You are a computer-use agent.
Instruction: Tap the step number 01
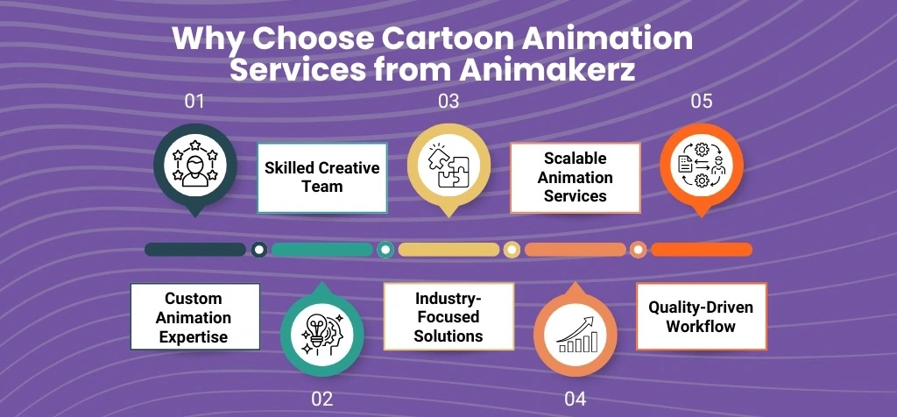coord(194,102)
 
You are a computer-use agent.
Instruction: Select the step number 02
coord(321,399)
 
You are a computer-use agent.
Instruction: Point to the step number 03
coord(448,102)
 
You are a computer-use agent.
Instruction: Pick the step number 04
coord(575,399)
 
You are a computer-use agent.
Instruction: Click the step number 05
coord(701,102)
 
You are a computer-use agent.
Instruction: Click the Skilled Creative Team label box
coord(322,177)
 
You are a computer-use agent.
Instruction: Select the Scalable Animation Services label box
coord(575,177)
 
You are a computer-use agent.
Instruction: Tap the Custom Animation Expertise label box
coord(195,317)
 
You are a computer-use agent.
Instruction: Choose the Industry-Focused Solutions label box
coord(448,317)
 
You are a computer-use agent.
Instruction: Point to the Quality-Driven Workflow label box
coord(701,317)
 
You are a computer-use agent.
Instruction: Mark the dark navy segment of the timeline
coord(195,250)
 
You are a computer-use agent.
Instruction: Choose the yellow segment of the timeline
coord(448,250)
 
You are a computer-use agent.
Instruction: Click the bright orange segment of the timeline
coord(701,250)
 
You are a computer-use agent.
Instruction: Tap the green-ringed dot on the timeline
coord(385,250)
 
